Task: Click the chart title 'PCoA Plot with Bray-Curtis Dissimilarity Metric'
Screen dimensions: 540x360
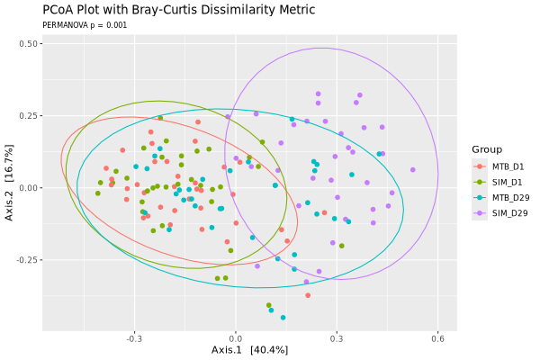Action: pyautogui.click(x=179, y=10)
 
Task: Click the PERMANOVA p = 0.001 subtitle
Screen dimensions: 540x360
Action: pyautogui.click(x=85, y=25)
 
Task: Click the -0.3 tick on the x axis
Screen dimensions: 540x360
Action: pyautogui.click(x=134, y=339)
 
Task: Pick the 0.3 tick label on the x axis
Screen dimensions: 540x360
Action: pyautogui.click(x=337, y=339)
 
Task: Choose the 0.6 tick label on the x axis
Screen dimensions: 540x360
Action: pyautogui.click(x=437, y=339)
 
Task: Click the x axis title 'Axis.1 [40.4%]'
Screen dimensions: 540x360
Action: pyautogui.click(x=249, y=350)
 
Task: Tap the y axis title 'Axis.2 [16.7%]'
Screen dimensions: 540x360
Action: pyautogui.click(x=9, y=183)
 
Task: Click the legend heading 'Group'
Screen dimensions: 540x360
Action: pyautogui.click(x=487, y=149)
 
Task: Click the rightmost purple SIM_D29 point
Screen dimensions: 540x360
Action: pyautogui.click(x=413, y=170)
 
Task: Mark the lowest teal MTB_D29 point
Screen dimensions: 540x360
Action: pyautogui.click(x=283, y=318)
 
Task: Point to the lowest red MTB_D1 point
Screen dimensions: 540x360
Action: pyautogui.click(x=308, y=295)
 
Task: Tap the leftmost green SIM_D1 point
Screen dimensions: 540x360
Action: pyautogui.click(x=98, y=193)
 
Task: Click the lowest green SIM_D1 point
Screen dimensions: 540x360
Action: pyautogui.click(x=269, y=305)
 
